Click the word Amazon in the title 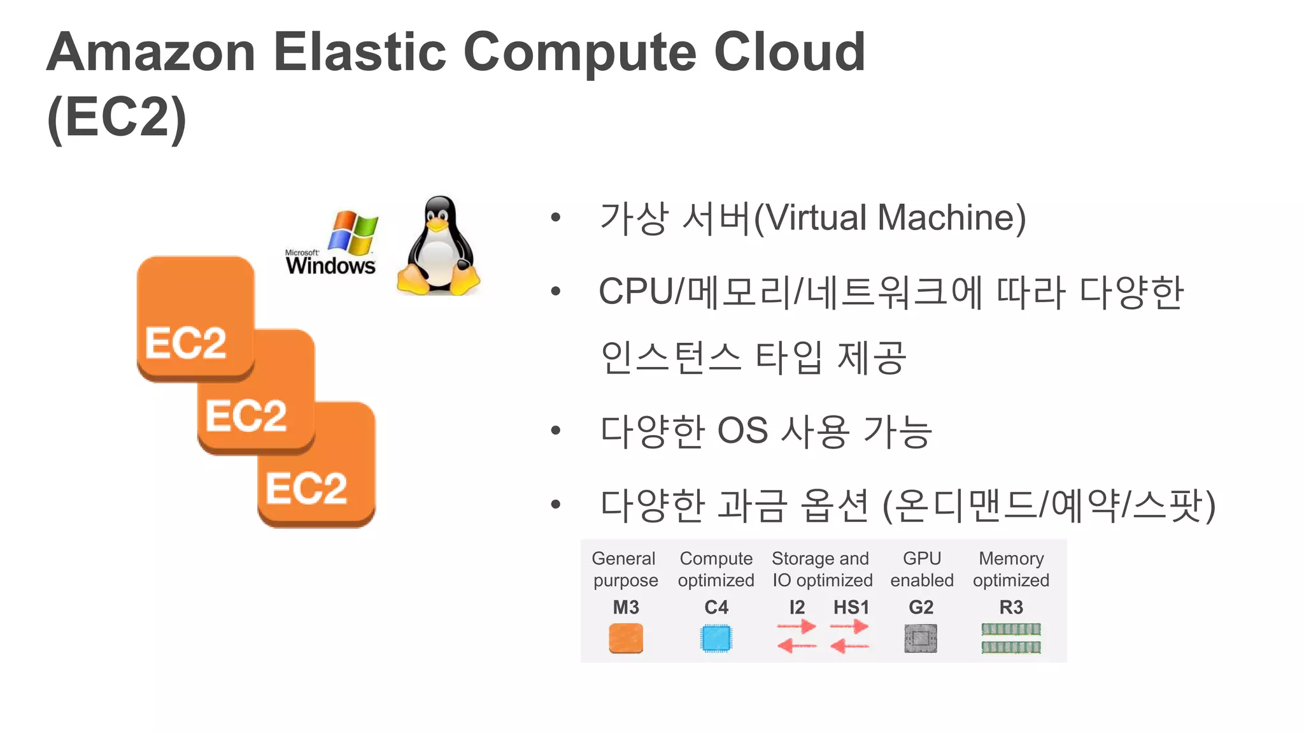click(x=152, y=52)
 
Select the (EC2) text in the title click(x=117, y=118)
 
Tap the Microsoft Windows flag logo click(x=352, y=232)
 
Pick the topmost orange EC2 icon click(x=195, y=317)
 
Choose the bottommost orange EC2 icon click(x=316, y=464)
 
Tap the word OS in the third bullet click(x=742, y=431)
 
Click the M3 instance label click(x=626, y=607)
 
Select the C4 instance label click(x=716, y=607)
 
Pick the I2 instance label click(x=797, y=607)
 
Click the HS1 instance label click(x=851, y=607)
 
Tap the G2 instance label click(x=921, y=607)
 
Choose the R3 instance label click(x=1011, y=607)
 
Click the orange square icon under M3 click(x=626, y=638)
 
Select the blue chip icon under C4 click(x=716, y=638)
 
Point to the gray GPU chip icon click(x=921, y=638)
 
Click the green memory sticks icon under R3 click(x=1011, y=638)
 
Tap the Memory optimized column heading click(x=1011, y=569)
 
